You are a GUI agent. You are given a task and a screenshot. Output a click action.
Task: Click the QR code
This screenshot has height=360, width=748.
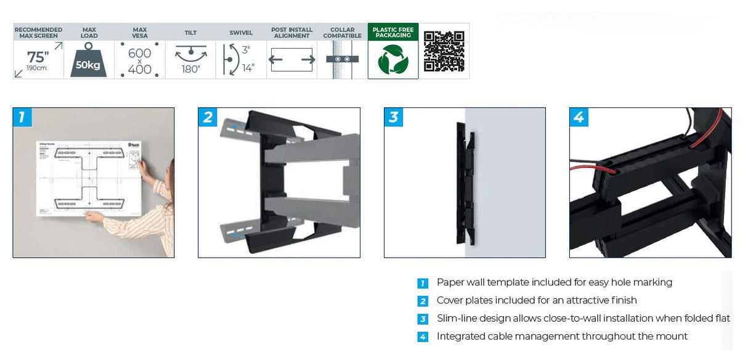444,51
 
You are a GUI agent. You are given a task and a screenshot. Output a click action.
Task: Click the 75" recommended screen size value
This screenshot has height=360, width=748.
37,57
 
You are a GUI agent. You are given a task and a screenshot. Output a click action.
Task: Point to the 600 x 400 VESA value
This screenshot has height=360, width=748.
140,61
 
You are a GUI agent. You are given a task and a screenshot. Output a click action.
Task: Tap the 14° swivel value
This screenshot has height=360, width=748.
248,68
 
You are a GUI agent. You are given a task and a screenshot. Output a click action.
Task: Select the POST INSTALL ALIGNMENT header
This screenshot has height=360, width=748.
292,33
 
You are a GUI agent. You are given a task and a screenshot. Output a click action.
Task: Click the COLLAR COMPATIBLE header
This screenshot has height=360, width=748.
343,33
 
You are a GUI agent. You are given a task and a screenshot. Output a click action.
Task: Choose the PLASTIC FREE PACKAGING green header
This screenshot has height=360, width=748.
393,33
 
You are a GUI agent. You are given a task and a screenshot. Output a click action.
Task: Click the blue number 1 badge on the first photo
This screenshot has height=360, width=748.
22,117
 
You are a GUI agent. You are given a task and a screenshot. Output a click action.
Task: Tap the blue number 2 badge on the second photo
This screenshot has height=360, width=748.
208,117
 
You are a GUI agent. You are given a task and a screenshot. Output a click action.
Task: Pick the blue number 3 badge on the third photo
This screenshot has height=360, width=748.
394,117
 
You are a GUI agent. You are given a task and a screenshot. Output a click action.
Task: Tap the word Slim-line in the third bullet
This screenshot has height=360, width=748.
458,319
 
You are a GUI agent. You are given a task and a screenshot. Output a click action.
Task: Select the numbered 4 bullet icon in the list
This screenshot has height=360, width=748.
423,337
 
